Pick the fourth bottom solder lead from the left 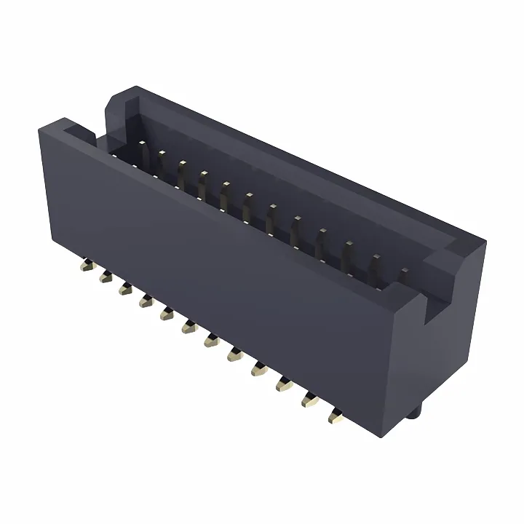click(x=144, y=299)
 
